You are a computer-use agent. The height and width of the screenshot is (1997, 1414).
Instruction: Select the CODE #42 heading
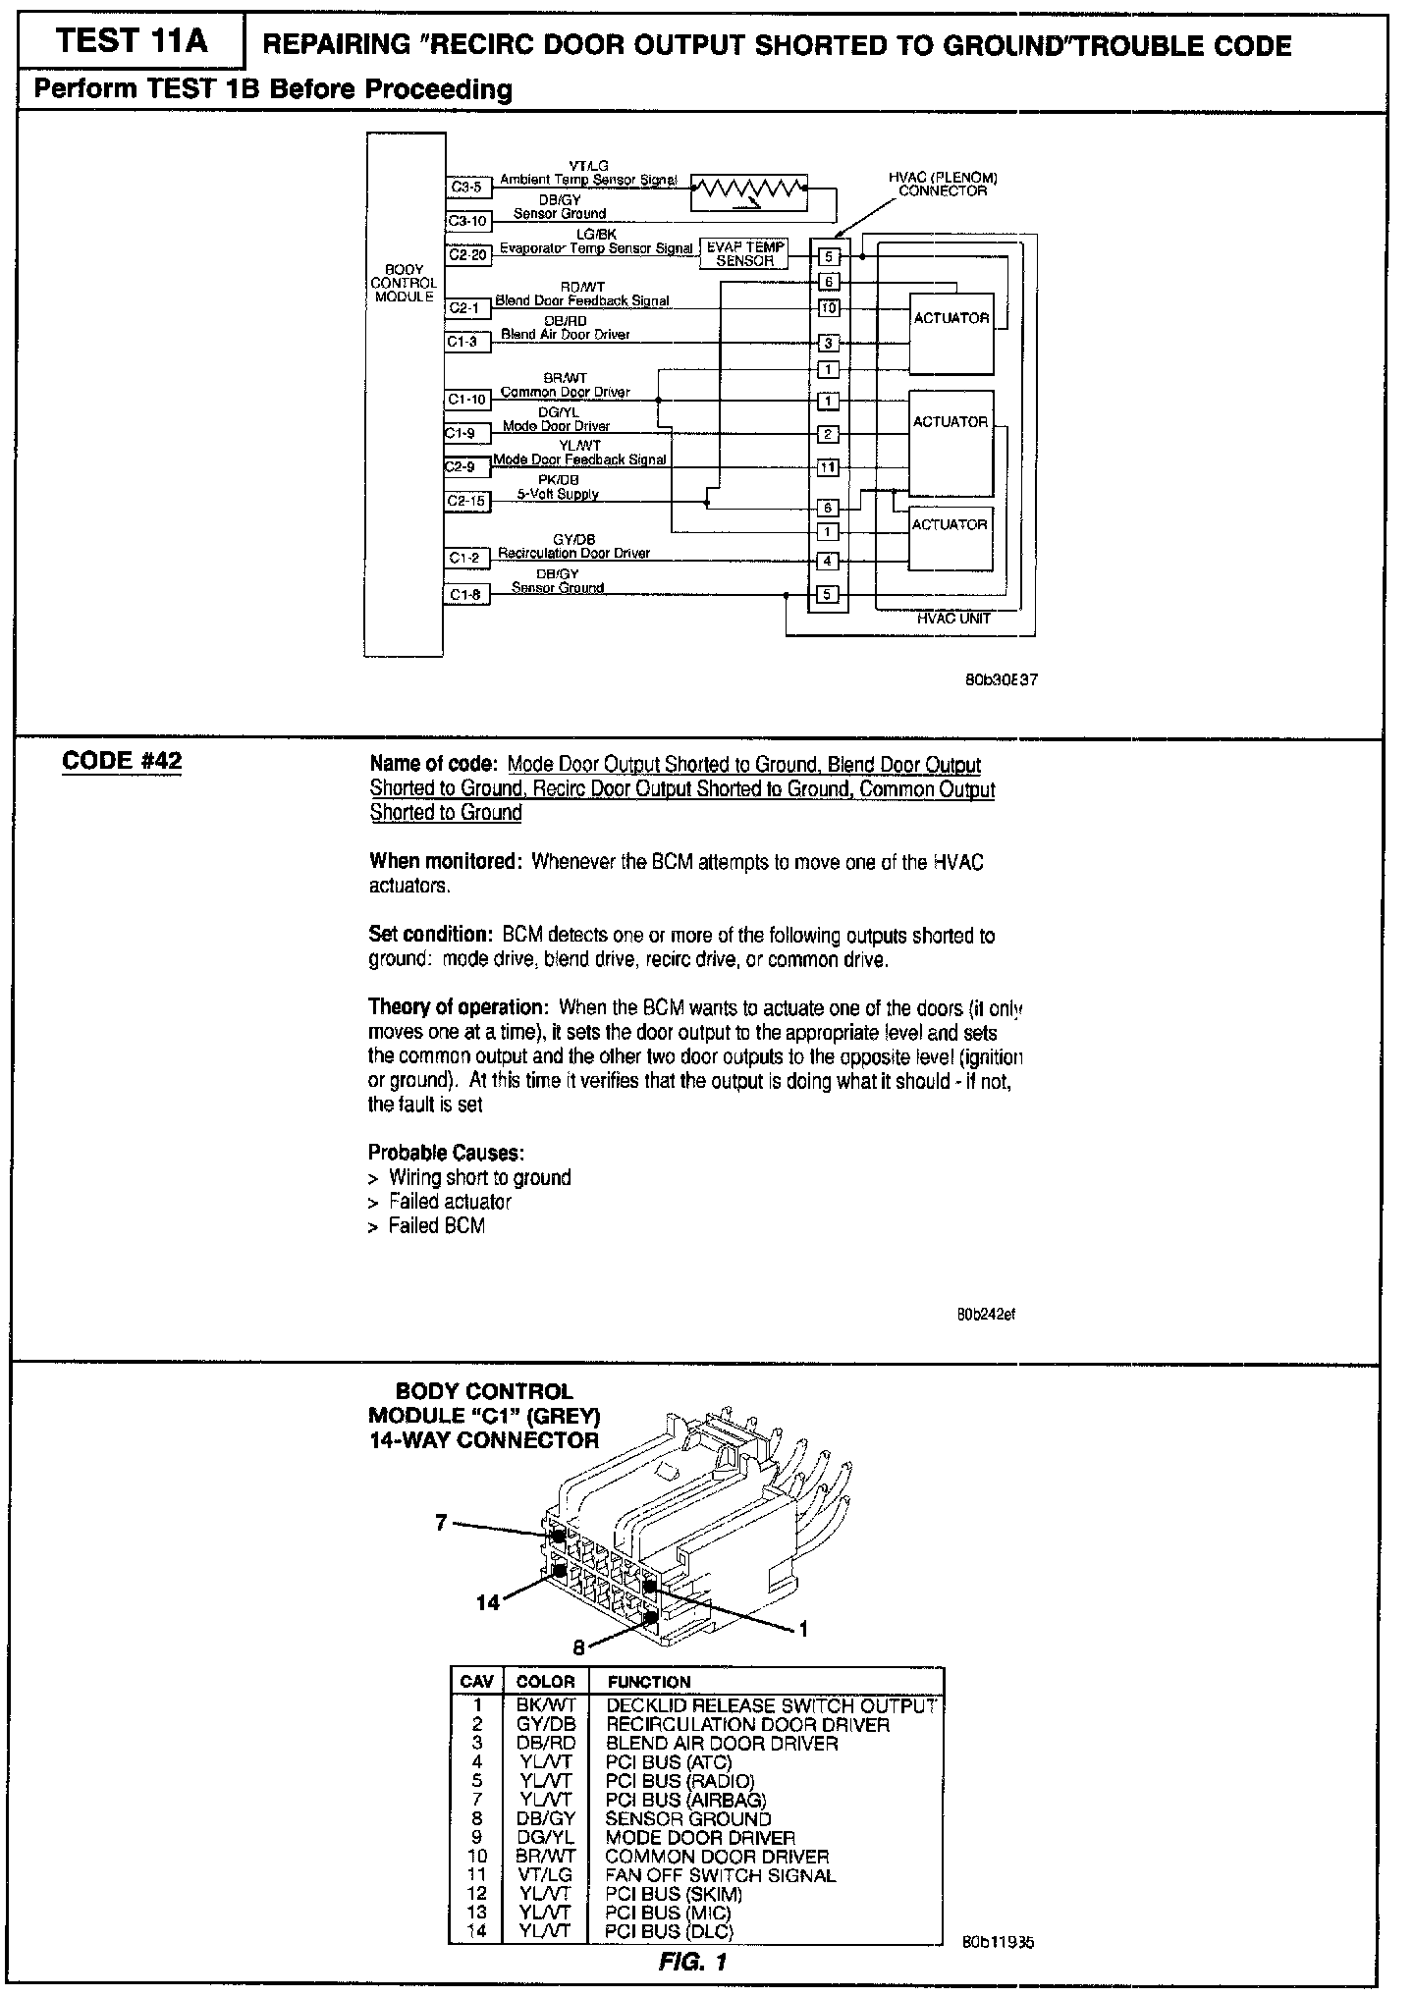coord(122,761)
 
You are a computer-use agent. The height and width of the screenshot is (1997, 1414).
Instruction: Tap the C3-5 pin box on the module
coord(467,187)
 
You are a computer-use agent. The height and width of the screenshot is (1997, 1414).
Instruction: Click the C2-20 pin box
coord(467,255)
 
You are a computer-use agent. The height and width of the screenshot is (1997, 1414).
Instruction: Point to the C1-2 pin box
coord(467,559)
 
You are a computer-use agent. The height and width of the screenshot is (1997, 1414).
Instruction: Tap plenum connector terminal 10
coord(829,309)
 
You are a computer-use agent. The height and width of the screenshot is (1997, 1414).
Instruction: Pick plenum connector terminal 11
coord(829,467)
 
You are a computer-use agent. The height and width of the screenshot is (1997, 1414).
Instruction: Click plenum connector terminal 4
coord(829,562)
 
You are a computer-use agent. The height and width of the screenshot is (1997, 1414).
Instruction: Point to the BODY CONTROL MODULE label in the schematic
coord(404,283)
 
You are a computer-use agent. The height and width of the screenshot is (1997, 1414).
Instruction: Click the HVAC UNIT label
coord(953,619)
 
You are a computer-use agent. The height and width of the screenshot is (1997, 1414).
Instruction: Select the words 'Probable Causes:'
coord(446,1152)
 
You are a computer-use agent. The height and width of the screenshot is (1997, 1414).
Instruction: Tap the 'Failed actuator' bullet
coord(450,1202)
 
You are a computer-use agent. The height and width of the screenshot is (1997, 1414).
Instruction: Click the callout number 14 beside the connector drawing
coord(488,1602)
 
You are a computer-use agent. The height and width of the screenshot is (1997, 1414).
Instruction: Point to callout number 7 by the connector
coord(441,1522)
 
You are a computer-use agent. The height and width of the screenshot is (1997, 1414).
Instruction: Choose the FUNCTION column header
coord(649,1682)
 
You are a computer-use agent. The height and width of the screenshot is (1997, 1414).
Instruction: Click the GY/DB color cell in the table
coord(545,1724)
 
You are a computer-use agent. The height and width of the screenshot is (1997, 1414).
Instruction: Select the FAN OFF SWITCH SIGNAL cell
coord(721,1875)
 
